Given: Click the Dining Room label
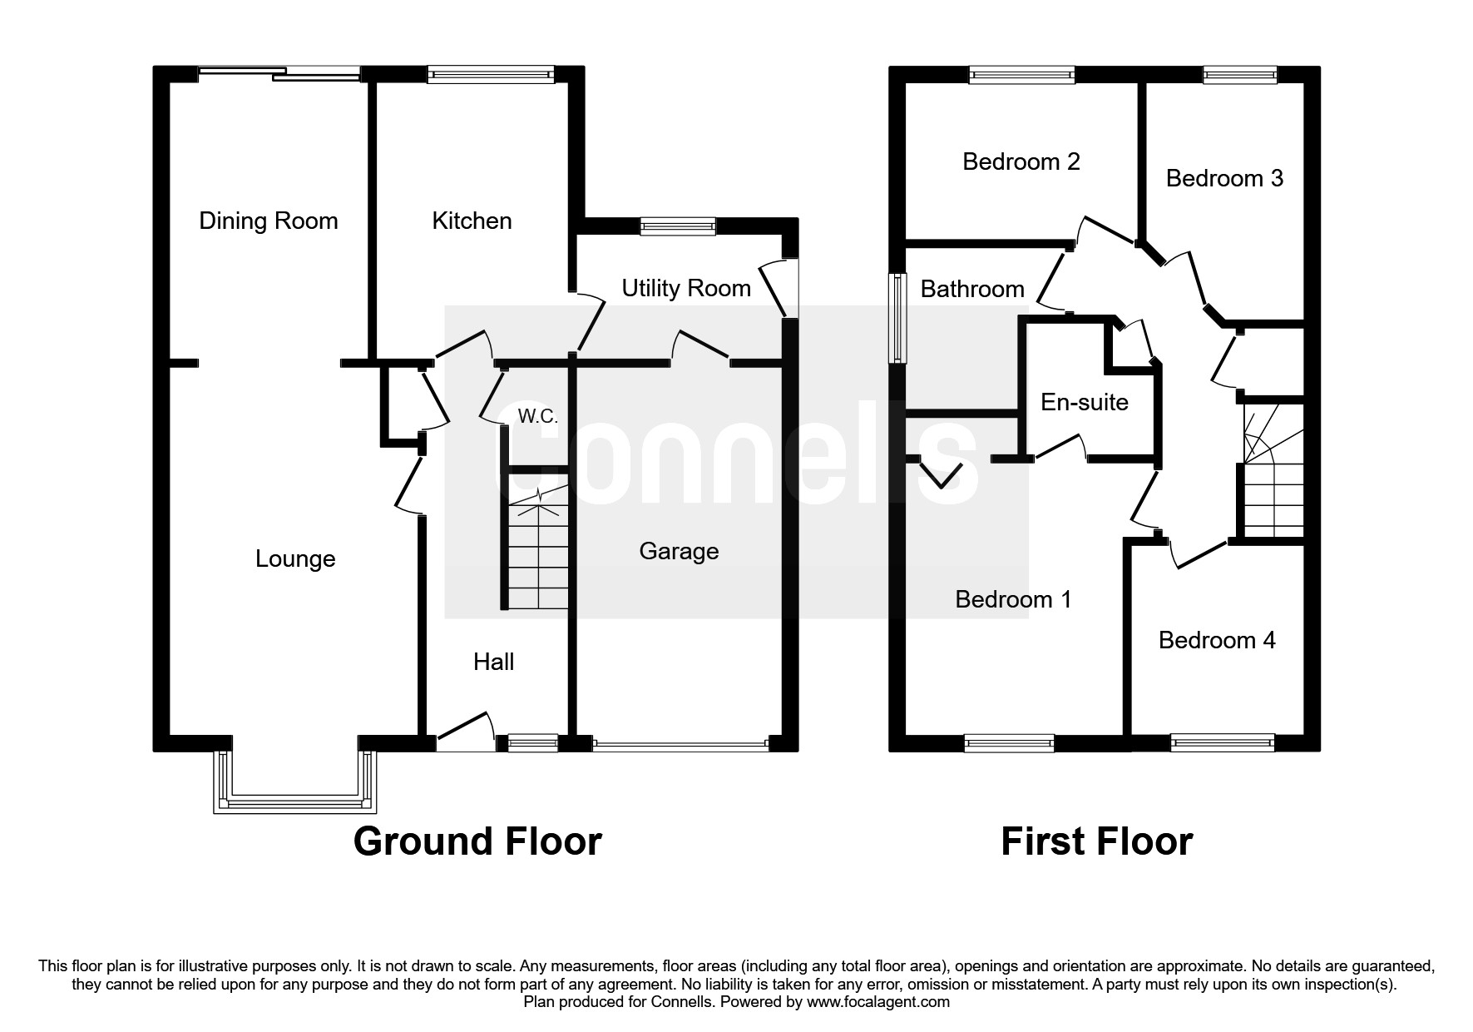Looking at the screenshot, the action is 269,221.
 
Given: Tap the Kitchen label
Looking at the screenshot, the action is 472,221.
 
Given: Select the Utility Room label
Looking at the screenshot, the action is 686,288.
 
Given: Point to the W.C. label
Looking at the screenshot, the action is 537,416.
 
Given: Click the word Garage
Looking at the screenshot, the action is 679,551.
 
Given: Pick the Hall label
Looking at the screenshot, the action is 493,662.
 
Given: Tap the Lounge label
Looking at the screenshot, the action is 295,558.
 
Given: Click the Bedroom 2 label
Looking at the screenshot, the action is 1021,161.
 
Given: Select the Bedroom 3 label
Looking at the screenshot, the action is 1224,178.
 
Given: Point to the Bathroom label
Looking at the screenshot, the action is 972,289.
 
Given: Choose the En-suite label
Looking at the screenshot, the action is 1085,402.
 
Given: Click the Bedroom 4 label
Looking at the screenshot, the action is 1217,640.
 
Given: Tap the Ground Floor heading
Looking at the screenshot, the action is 477,841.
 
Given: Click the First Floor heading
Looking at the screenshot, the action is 1096,841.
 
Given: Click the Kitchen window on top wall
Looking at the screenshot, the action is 491,75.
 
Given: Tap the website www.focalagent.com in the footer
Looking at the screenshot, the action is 878,1002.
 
